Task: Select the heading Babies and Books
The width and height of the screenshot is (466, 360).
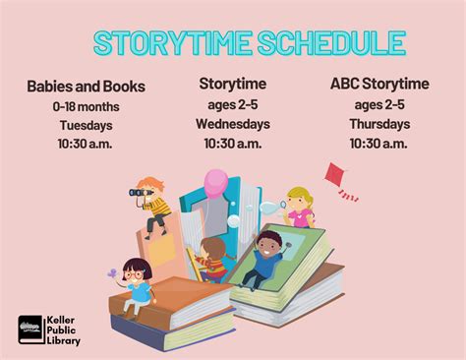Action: point(87,87)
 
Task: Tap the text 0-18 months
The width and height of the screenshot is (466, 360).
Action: point(87,106)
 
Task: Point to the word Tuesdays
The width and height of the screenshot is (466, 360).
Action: point(87,125)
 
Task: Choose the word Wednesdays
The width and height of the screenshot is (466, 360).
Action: point(233,124)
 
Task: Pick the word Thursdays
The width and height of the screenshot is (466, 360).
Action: point(379,124)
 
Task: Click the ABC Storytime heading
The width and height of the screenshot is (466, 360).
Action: point(379,84)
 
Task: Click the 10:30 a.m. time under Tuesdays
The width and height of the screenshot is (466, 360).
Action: point(87,145)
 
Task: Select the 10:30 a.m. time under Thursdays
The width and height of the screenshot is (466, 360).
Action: point(379,144)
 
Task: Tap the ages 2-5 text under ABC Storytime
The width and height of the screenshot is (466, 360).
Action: point(379,104)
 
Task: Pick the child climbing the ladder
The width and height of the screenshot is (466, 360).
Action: point(210,258)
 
